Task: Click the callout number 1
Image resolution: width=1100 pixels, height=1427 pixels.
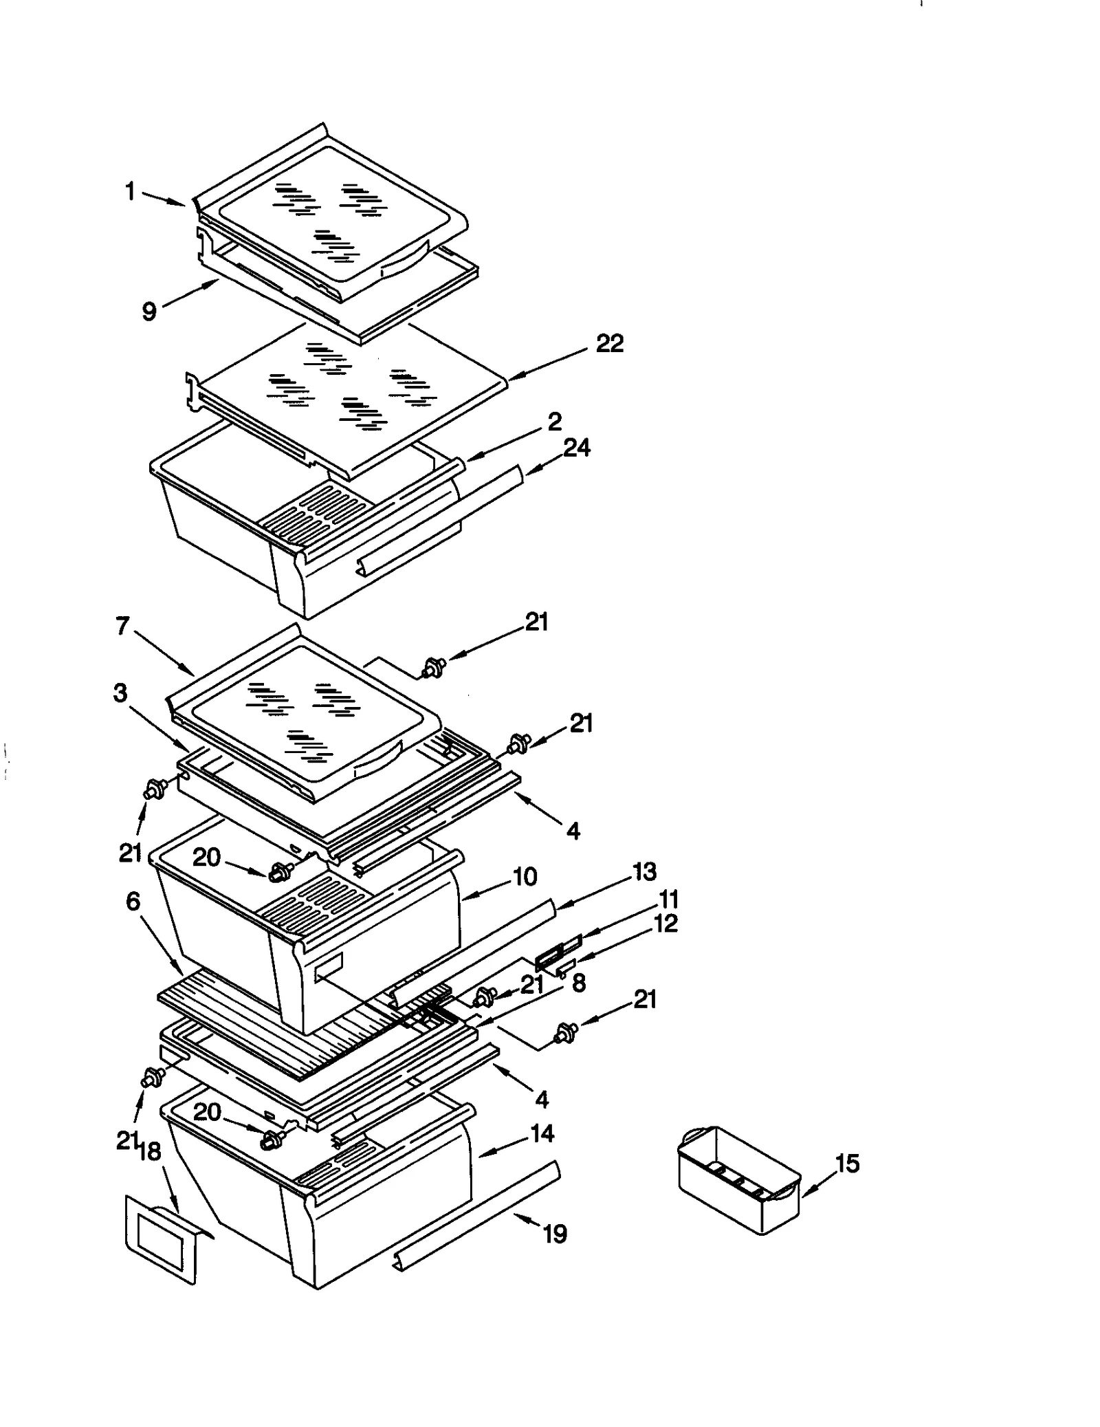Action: point(130,191)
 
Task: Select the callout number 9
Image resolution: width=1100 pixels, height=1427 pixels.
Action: point(149,311)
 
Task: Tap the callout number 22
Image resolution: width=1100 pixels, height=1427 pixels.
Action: point(609,343)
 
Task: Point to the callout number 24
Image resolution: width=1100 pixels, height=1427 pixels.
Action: point(576,448)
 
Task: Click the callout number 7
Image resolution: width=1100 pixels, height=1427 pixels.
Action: point(122,626)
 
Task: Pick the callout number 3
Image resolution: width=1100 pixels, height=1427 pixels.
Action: point(120,693)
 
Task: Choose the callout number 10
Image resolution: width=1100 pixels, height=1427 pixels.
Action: point(525,876)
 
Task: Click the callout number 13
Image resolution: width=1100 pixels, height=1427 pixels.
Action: point(644,871)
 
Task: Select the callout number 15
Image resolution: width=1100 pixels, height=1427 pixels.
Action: point(847,1164)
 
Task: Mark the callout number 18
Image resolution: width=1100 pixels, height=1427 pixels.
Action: point(150,1151)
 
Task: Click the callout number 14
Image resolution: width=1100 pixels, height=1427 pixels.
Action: point(542,1133)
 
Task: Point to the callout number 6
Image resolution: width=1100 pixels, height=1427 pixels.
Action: point(133,902)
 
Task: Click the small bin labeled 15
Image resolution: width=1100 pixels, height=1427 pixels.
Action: point(739,1180)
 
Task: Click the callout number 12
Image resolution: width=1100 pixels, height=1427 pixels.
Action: point(665,923)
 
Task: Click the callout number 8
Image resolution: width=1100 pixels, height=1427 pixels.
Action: point(578,983)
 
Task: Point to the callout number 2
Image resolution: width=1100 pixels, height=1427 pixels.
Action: point(554,421)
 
